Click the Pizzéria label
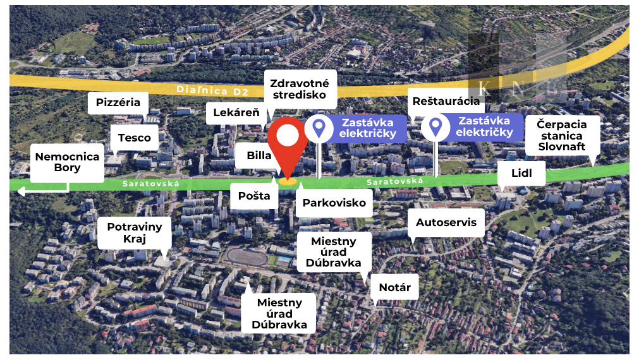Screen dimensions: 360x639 tap(118, 102)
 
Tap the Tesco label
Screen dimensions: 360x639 tap(134, 138)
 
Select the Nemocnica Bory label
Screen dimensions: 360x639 tap(67, 162)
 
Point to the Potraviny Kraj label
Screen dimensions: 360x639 tap(134, 232)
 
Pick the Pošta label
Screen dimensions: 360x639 tap(254, 196)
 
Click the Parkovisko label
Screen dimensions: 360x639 tap(334, 203)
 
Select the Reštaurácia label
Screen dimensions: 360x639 tap(446, 101)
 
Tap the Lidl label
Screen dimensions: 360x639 tap(521, 172)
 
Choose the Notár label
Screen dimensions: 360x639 tap(395, 288)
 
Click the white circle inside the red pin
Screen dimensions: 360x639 tap(288, 136)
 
